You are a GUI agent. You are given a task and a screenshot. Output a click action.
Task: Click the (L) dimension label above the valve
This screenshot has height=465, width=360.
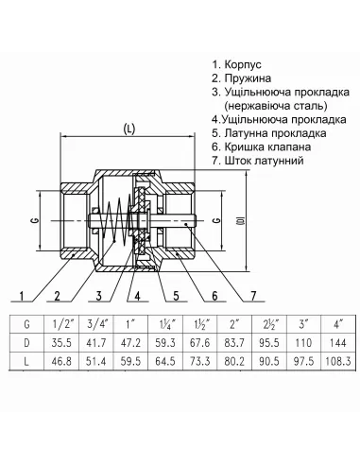128,129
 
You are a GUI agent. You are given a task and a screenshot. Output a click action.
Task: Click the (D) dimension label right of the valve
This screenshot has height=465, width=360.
242,223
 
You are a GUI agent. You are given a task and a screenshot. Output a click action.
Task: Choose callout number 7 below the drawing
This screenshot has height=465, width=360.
252,297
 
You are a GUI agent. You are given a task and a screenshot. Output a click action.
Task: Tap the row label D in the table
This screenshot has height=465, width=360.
26,341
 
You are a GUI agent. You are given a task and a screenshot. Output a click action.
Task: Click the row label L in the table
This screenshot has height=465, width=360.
26,360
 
